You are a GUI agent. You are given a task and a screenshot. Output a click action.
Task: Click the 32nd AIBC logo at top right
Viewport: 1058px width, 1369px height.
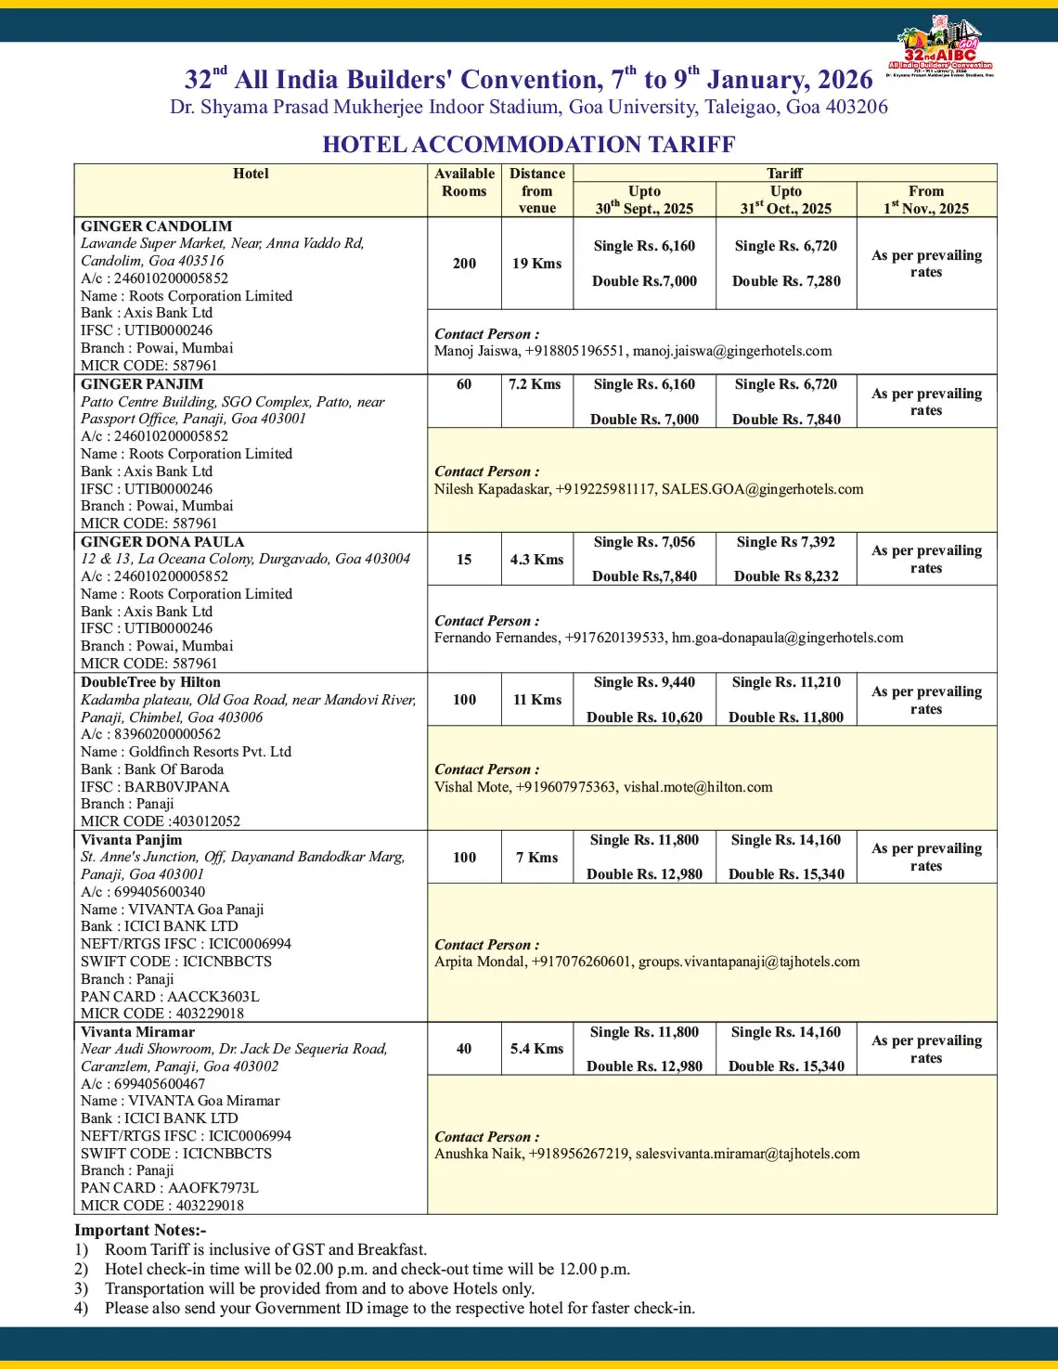point(939,45)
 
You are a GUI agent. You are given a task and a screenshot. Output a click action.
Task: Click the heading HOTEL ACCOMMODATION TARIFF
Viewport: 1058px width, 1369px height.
point(528,145)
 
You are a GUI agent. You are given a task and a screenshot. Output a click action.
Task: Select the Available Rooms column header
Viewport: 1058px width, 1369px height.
point(464,182)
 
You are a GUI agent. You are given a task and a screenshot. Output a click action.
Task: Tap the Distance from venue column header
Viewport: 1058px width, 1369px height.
point(536,190)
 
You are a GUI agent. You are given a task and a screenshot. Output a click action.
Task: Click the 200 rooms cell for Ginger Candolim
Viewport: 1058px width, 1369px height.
point(464,264)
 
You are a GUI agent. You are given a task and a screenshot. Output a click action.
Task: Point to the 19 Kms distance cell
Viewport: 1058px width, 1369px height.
point(536,264)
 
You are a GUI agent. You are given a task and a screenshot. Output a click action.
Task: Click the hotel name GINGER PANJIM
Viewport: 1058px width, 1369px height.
point(141,384)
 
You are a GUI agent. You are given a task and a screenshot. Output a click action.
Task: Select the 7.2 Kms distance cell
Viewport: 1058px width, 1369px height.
point(535,384)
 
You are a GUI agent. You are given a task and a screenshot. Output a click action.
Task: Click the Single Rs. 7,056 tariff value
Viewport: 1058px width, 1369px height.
point(644,542)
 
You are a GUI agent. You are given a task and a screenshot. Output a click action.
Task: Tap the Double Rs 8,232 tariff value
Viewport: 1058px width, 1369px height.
point(786,576)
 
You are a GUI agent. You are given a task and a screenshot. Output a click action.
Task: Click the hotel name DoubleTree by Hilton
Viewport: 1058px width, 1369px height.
point(150,682)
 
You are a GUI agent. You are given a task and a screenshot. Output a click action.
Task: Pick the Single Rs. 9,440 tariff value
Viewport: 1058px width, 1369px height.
point(644,682)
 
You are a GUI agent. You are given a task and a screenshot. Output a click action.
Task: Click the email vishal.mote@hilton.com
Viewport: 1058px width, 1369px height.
point(698,787)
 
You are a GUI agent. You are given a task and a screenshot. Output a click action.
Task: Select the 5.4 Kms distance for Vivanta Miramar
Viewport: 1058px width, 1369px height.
point(536,1049)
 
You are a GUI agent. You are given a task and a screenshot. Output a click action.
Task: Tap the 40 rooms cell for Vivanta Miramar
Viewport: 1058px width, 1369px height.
point(464,1049)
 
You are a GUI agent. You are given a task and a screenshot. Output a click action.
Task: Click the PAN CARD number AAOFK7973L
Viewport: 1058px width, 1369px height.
point(213,1188)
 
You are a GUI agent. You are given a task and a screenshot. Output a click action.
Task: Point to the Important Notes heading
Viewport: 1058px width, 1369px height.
point(140,1231)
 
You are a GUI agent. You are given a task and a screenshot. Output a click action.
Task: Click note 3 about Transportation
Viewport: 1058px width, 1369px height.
point(319,1288)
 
